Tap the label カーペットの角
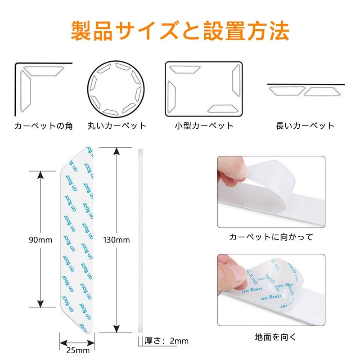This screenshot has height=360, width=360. tap(43, 126)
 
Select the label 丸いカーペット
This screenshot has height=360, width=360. tap(117, 126)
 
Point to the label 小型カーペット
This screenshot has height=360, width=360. tap(204, 126)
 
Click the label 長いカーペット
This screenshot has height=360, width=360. tap(305, 126)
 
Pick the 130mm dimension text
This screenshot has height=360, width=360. tap(116, 240)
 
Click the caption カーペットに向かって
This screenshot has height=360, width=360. tap(271, 237)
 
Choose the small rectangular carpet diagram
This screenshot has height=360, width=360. tap(204, 88)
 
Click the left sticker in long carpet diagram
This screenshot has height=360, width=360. tap(286, 91)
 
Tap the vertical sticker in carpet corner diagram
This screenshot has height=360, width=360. tap(25, 93)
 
